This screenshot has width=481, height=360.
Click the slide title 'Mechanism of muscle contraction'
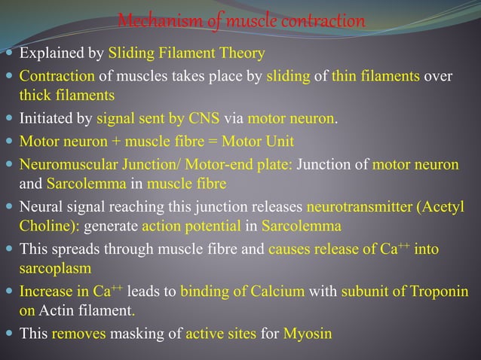(x=241, y=20)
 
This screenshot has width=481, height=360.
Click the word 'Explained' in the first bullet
(x=44, y=53)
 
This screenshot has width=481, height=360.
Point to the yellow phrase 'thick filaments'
(x=67, y=96)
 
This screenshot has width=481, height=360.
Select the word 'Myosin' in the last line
(x=308, y=333)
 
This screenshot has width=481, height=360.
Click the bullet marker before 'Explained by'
(x=9, y=54)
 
